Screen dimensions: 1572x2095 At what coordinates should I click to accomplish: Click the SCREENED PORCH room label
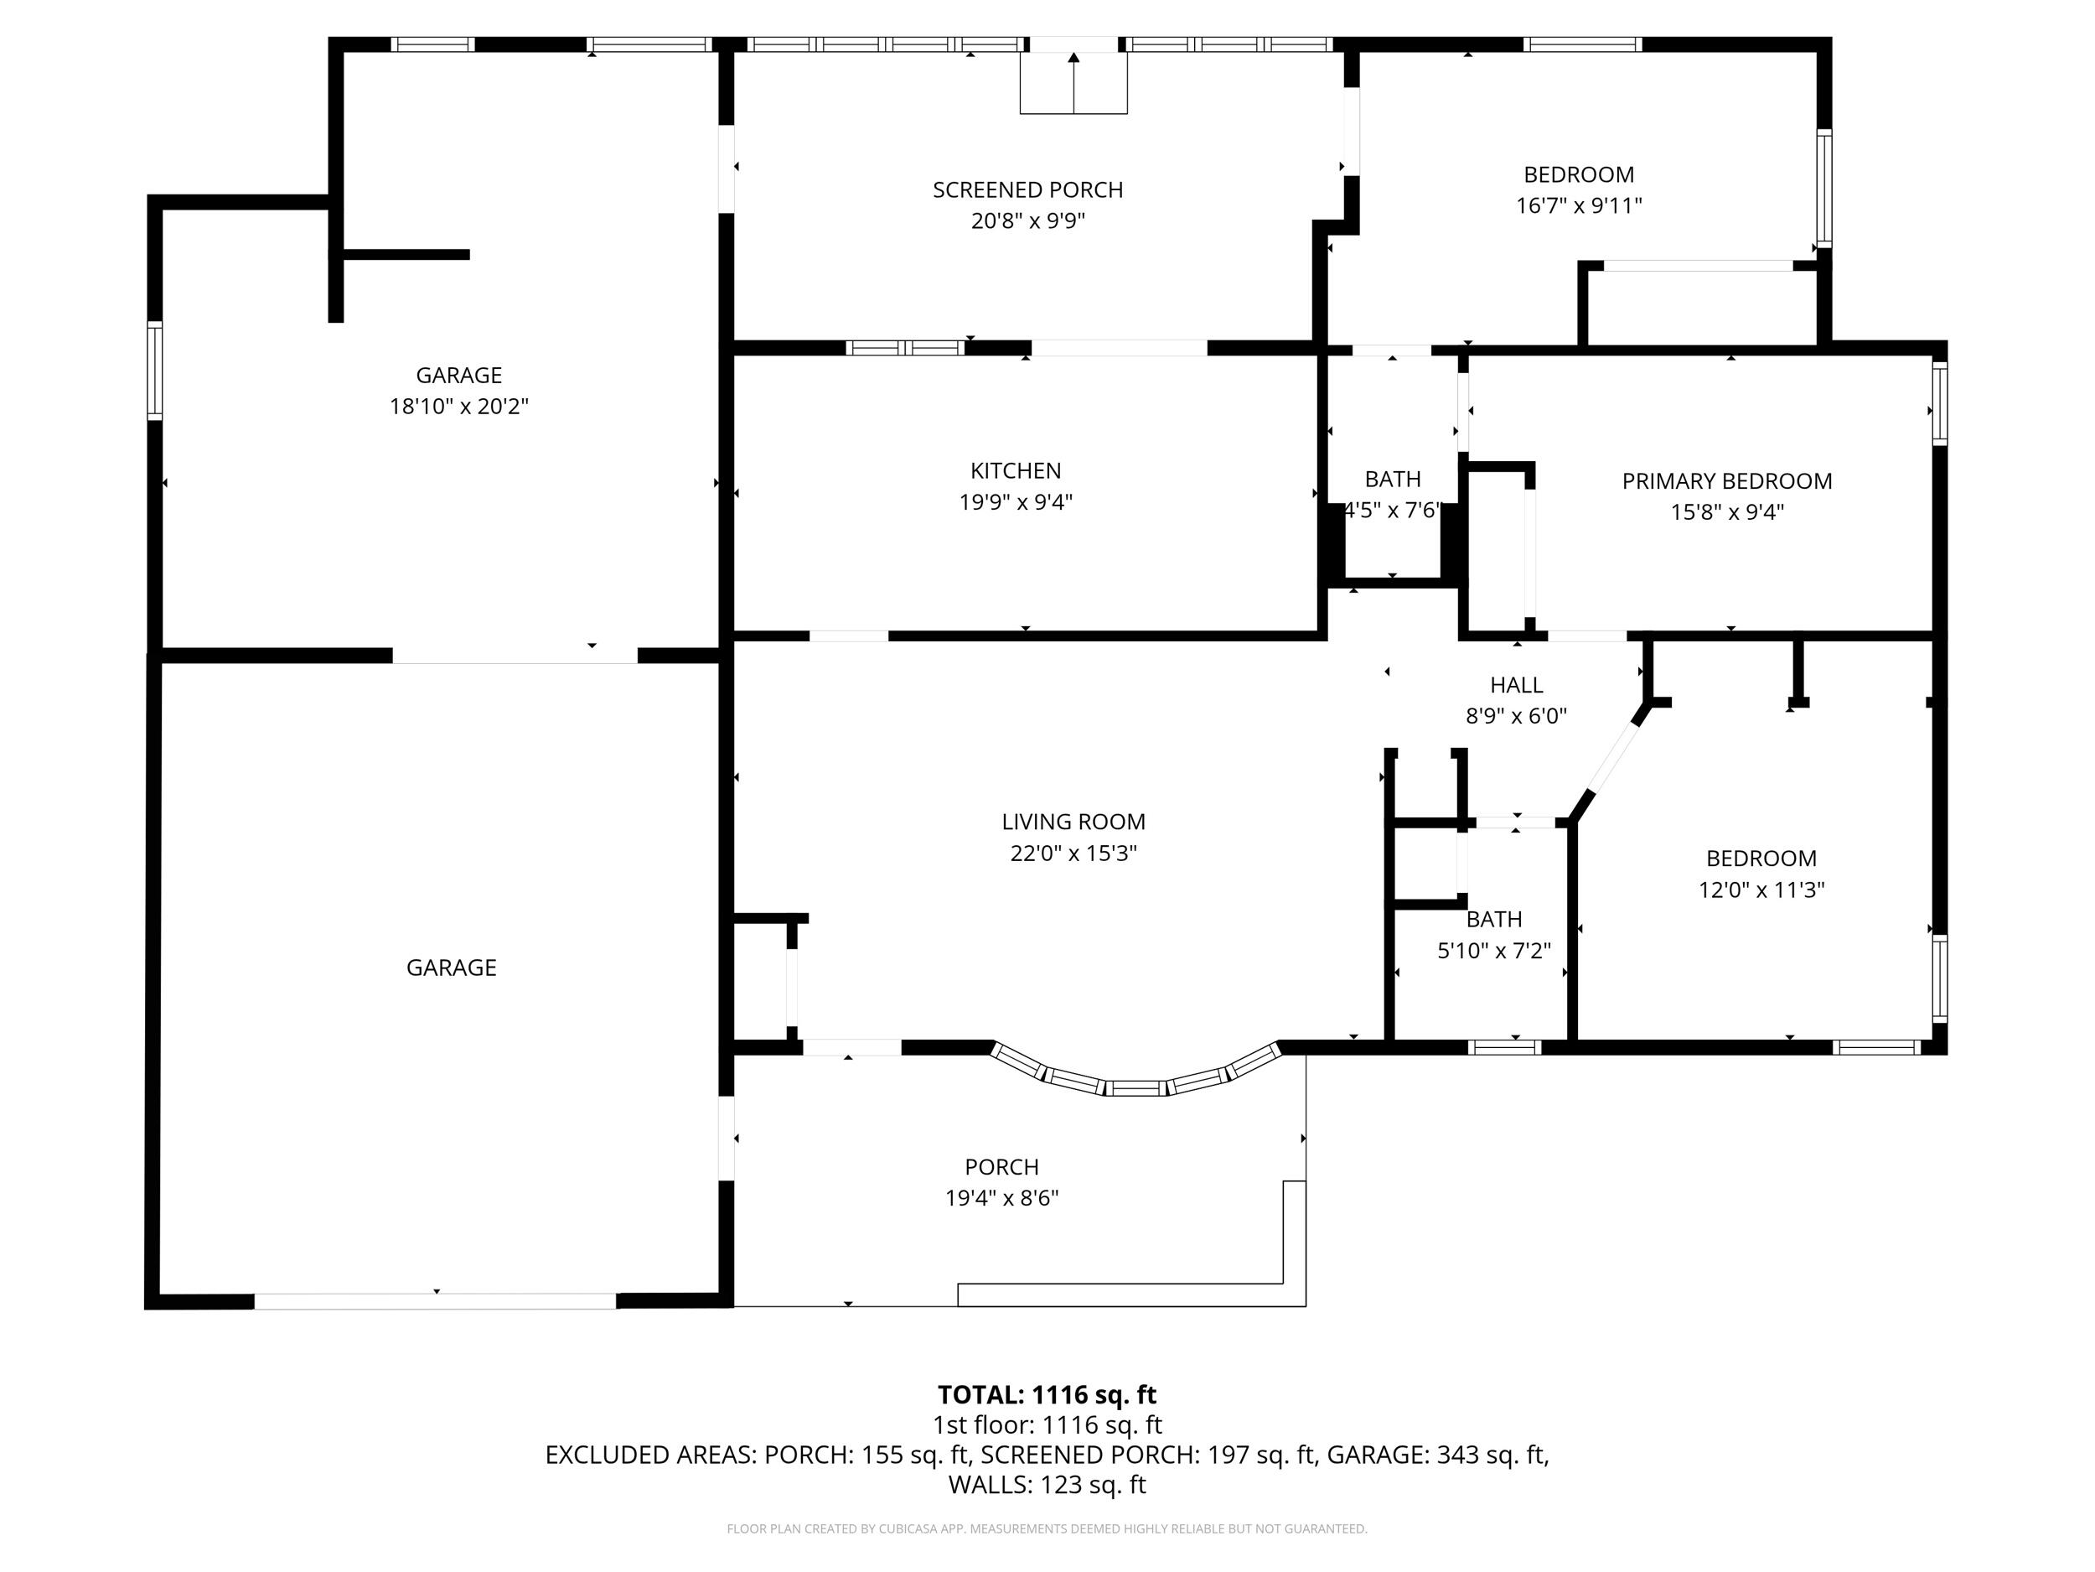1027,189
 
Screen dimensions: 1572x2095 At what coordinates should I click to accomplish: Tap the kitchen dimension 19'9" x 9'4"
1016,502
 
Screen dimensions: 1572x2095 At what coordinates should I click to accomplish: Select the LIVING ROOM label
1073,822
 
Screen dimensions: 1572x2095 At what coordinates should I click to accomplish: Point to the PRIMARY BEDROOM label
1726,480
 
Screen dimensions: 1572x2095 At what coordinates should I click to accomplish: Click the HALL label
1516,684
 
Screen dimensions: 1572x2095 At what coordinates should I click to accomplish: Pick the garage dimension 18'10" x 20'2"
458,407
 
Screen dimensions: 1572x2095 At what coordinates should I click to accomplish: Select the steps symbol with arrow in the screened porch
1073,83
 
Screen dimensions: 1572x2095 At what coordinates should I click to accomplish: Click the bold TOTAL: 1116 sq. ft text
1047,1395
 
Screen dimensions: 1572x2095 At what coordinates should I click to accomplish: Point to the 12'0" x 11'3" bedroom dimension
1761,890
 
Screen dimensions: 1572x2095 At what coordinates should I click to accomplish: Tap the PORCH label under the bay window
1001,1166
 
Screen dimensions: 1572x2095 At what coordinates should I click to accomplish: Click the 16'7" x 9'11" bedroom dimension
1578,205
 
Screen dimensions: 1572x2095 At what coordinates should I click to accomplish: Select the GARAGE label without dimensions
451,968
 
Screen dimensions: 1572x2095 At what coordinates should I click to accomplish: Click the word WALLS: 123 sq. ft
1047,1485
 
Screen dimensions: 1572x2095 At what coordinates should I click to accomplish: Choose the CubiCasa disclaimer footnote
1047,1528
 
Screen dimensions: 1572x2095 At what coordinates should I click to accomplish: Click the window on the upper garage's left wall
154,371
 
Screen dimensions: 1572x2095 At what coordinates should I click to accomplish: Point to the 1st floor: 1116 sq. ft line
1047,1425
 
